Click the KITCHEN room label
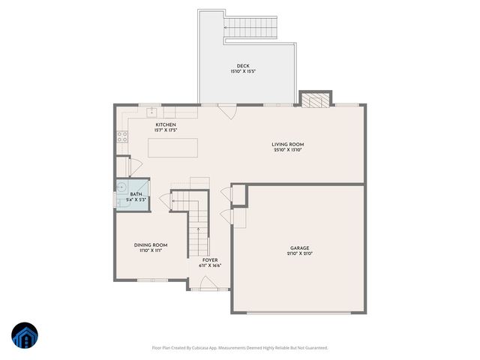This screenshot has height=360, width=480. [x=166, y=124]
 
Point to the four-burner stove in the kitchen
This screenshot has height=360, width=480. [x=121, y=137]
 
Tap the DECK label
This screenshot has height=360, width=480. [x=243, y=66]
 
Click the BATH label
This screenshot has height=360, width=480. [x=136, y=194]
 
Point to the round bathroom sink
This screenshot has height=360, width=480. [x=122, y=188]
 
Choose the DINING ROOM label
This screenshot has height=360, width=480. [x=150, y=245]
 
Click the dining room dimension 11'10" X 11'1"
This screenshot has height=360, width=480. [x=150, y=251]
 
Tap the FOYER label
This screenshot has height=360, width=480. [x=210, y=259]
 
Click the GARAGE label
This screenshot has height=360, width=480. [x=299, y=248]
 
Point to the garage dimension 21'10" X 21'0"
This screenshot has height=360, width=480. [x=299, y=254]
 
